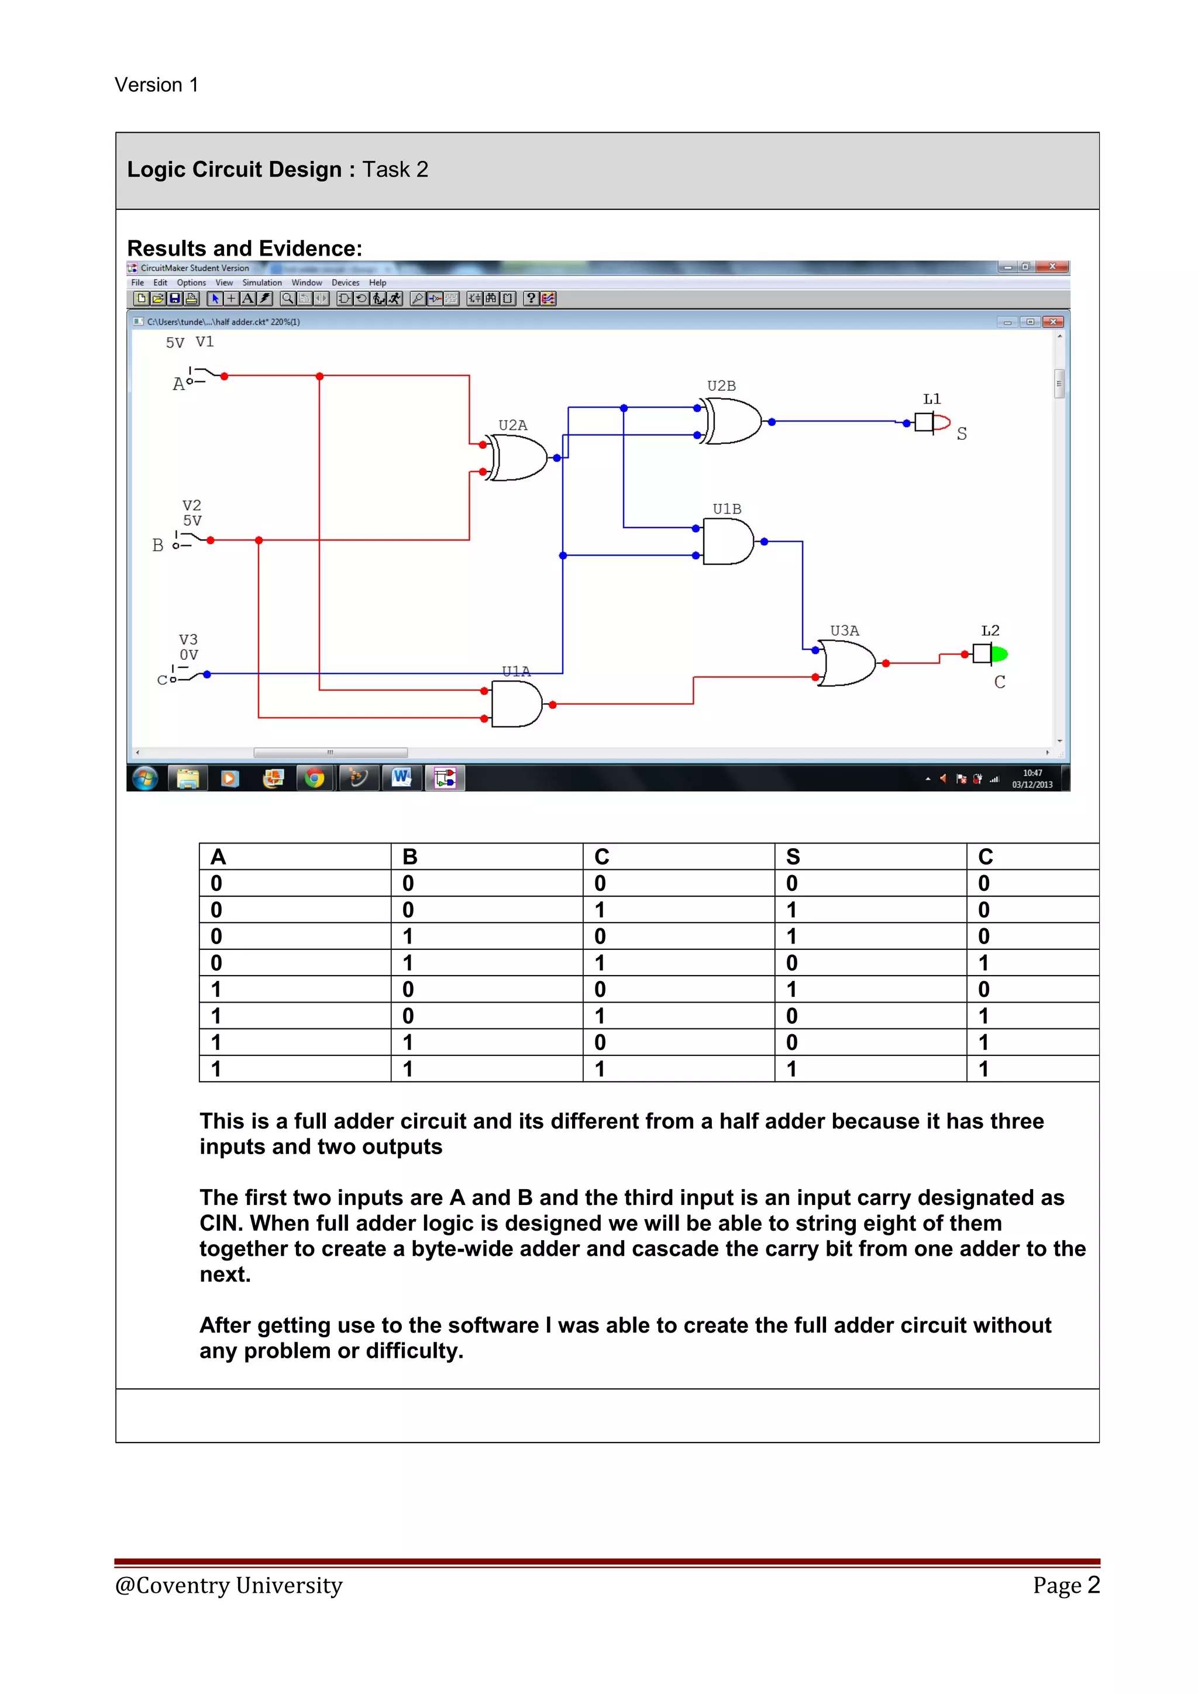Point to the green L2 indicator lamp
(x=999, y=654)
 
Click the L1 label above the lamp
(x=932, y=399)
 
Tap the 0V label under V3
(x=189, y=655)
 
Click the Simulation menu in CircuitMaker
(x=262, y=283)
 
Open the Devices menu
(x=345, y=283)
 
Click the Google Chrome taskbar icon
(x=315, y=779)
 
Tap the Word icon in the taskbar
(x=401, y=777)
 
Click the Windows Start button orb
(x=145, y=779)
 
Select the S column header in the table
(x=793, y=856)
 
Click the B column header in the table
(x=410, y=856)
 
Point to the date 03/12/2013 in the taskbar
(x=1032, y=784)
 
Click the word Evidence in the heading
(x=312, y=248)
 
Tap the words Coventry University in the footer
(x=239, y=1586)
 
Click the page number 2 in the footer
(x=1093, y=1585)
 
